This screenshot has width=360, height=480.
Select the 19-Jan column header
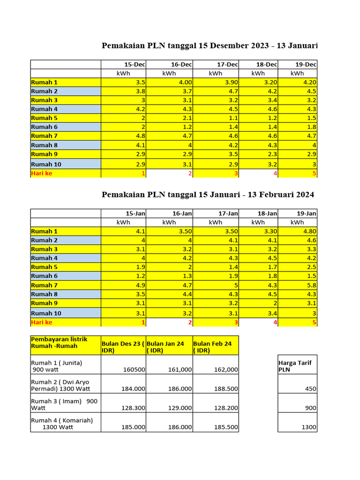click(306, 213)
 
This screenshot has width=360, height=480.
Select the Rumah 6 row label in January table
click(45, 276)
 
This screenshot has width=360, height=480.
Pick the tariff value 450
click(310, 389)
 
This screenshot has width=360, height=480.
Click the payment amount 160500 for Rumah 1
click(134, 369)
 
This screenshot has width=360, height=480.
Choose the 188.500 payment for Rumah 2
click(226, 389)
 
